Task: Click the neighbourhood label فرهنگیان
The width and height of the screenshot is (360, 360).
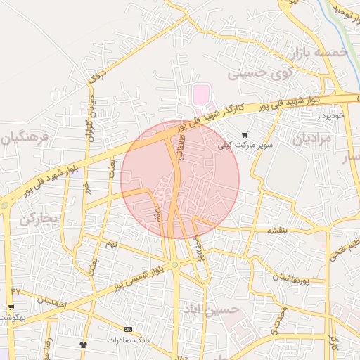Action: coord(25,135)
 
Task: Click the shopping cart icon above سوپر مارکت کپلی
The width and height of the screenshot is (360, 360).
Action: coord(245,135)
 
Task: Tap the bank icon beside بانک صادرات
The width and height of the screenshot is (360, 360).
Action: coord(128,329)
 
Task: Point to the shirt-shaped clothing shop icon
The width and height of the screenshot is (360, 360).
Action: coord(84,345)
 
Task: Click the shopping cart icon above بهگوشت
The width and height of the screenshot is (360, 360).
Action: coord(11,307)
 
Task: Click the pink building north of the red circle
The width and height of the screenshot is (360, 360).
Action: coord(201,94)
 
